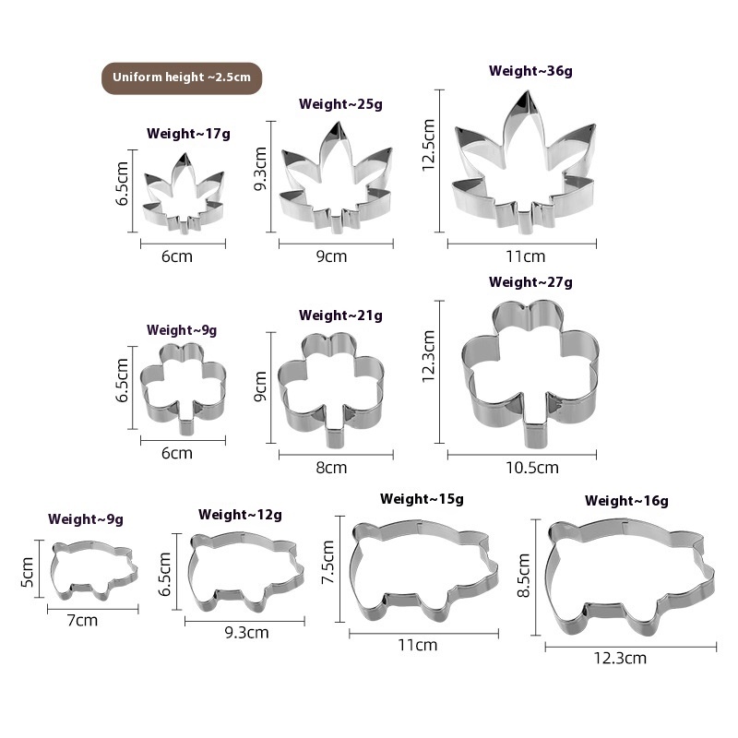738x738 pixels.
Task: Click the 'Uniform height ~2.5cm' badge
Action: (181, 77)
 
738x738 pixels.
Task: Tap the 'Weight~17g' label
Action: (188, 134)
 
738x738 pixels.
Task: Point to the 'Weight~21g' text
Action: (340, 315)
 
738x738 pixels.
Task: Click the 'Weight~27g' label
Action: (530, 282)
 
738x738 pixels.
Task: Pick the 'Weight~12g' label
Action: (240, 515)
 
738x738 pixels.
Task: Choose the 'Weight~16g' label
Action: (626, 501)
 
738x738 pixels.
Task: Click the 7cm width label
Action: (83, 621)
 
